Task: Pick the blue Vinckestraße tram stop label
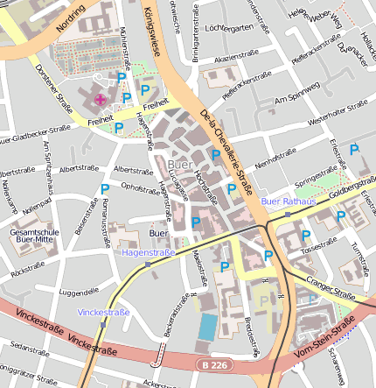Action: [103, 312]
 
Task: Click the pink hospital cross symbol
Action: [100, 99]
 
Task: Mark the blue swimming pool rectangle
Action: [207, 327]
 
